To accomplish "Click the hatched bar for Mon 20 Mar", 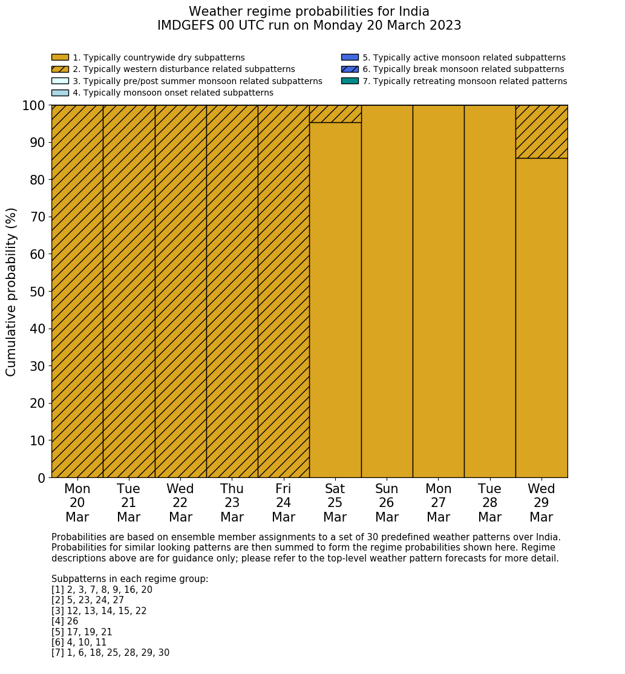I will pos(77,291).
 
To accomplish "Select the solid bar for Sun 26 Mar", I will pos(387,291).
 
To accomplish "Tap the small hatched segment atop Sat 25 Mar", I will pos(335,114).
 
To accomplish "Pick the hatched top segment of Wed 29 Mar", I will pos(542,131).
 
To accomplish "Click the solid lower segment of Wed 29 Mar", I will pos(542,318).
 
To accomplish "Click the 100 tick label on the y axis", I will pos(34,106).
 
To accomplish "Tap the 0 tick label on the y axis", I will pos(42,478).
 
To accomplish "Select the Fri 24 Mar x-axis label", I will pos(283,503).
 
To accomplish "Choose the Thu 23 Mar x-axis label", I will pos(232,503).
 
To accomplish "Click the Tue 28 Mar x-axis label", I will pos(489,503).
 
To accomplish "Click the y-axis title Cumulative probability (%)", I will pos(11,292).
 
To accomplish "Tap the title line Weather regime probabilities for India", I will pos(309,11).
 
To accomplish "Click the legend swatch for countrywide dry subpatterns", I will pos(60,57).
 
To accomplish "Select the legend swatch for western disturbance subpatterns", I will pos(60,69).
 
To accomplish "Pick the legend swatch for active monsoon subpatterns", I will pos(350,57).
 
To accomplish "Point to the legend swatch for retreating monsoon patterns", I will pos(350,80).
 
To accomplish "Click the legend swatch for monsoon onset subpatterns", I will pos(60,93).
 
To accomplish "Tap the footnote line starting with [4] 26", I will pos(65,621).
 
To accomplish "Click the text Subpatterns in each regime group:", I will pos(129,579).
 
